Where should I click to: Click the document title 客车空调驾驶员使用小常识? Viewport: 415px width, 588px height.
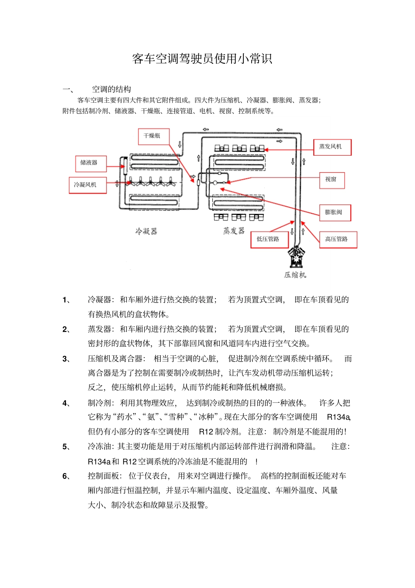pyautogui.click(x=202, y=59)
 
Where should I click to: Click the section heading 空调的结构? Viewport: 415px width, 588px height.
pyautogui.click(x=111, y=89)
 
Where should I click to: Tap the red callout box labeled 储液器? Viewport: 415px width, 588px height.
pyautogui.click(x=90, y=163)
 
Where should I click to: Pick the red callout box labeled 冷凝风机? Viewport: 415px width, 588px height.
pyautogui.click(x=87, y=185)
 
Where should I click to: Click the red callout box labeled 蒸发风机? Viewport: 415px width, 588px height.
pyautogui.click(x=332, y=147)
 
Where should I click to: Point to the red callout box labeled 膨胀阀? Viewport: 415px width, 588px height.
pyautogui.click(x=335, y=212)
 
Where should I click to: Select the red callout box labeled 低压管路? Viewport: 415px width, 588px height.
pyautogui.click(x=269, y=239)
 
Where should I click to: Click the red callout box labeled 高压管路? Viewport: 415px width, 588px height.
pyautogui.click(x=338, y=240)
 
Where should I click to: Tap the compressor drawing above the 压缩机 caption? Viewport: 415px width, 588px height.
pyautogui.click(x=296, y=258)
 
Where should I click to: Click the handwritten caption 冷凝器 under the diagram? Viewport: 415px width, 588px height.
pyautogui.click(x=146, y=231)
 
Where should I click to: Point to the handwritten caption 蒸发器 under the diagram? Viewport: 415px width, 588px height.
pyautogui.click(x=234, y=230)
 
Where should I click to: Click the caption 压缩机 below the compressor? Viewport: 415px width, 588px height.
pyautogui.click(x=295, y=275)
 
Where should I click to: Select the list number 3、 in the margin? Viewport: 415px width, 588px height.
pyautogui.click(x=66, y=359)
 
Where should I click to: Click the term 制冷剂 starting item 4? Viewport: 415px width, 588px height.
pyautogui.click(x=100, y=403)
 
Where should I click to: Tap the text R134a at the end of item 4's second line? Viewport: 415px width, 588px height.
pyautogui.click(x=339, y=417)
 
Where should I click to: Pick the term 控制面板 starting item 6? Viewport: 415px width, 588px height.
pyautogui.click(x=104, y=476)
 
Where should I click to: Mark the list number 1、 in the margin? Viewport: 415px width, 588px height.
pyautogui.click(x=66, y=300)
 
